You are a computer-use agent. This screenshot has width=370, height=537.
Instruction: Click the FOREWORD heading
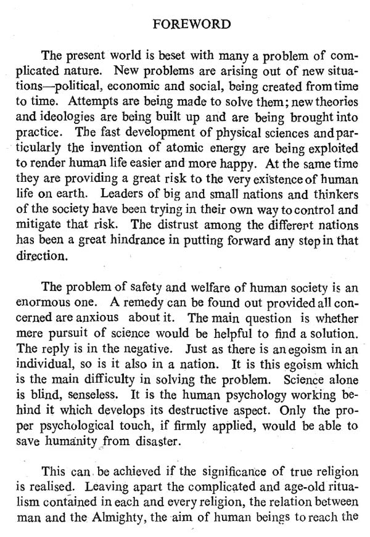192,24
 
